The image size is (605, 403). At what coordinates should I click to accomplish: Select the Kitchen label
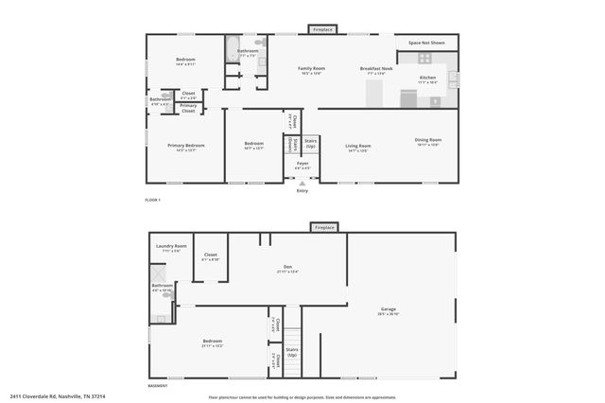coord(427,79)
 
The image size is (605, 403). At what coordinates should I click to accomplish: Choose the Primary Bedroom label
coord(186,148)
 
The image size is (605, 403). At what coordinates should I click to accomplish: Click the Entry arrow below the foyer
coord(302,183)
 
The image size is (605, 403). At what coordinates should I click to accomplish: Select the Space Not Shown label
coord(426,44)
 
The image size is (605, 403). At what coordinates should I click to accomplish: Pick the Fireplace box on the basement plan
coord(324,228)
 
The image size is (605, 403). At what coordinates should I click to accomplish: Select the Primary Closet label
coord(188,107)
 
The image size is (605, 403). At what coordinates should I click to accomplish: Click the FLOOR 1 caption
coord(152,200)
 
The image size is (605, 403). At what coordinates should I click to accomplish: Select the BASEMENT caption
coord(157,386)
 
